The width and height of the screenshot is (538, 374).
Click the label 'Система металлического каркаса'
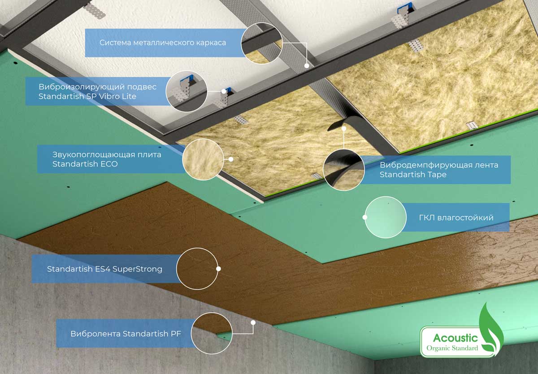coord(163,43)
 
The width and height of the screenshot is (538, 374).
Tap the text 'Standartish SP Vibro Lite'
coord(87,96)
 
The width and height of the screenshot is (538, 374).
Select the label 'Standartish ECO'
coord(85,164)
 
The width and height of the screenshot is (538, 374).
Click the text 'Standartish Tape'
coord(413,174)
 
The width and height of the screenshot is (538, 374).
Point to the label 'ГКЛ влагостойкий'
coord(456,217)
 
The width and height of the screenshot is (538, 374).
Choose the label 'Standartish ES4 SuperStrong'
coord(104,269)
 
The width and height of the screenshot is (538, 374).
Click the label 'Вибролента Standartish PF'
coord(126,334)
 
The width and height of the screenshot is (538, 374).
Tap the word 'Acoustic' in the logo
coord(456,338)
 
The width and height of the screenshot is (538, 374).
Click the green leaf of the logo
coord(490,330)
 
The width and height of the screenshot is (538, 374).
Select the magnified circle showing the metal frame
coord(262,43)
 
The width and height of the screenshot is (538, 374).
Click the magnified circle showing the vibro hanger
coord(187,91)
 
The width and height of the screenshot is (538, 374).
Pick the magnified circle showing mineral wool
coord(203,159)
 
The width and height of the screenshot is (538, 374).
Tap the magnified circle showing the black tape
coord(344,170)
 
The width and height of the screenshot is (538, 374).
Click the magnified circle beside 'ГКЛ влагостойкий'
coord(386,217)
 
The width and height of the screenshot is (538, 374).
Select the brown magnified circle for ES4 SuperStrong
coord(197,268)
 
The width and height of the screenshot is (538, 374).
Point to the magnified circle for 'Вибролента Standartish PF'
coord(212,333)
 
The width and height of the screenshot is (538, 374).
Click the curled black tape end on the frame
coord(336,123)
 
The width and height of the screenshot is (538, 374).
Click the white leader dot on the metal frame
coord(307,66)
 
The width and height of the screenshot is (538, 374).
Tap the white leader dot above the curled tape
coord(344,129)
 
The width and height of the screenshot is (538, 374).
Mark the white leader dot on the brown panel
coord(219,268)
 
